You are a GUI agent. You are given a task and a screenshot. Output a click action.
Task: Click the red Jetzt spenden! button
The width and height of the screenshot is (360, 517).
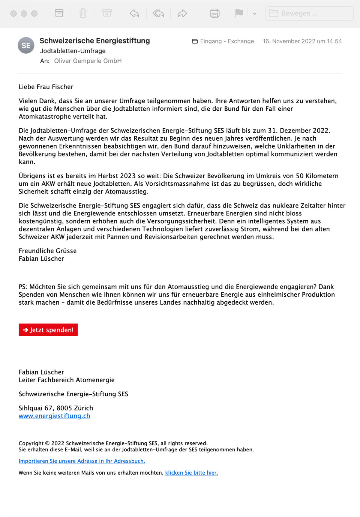pos(48,330)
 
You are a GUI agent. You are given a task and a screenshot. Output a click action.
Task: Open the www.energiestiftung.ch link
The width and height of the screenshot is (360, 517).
pos(54,416)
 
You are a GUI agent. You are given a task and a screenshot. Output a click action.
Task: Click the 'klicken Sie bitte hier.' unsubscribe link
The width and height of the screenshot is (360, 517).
pos(191,473)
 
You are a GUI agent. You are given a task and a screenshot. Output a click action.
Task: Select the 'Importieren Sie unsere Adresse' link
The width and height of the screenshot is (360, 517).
pos(82,461)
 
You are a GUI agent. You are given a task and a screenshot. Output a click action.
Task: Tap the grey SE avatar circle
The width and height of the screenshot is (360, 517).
pos(26,45)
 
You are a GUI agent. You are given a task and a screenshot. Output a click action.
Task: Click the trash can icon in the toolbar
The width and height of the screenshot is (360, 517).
pos(83,14)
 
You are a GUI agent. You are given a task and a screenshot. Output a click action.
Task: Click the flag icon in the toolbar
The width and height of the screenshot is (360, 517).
pos(239,14)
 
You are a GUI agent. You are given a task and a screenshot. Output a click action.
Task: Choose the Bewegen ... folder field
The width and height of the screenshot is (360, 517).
pos(309,14)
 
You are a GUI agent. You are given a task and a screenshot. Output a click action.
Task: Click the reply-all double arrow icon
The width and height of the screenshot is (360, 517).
pos(158,14)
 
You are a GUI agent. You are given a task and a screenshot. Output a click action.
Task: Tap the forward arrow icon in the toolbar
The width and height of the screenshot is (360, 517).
pos(182,14)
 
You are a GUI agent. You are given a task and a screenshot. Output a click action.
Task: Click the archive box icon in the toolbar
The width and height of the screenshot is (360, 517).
pos(59,14)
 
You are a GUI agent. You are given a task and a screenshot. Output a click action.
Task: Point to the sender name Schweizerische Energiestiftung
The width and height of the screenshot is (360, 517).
pos(94,41)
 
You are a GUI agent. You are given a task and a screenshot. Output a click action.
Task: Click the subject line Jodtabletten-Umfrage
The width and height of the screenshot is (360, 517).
pos(73,51)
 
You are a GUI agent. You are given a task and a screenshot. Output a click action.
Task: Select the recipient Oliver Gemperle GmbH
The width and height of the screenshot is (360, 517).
pos(88,61)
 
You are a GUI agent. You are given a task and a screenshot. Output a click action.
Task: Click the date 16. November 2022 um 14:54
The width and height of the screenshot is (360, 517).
pos(302,41)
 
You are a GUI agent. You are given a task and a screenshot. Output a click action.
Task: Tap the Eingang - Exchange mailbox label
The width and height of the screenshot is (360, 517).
pos(223,41)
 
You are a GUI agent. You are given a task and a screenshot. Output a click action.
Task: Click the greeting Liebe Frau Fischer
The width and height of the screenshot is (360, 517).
pos(46,87)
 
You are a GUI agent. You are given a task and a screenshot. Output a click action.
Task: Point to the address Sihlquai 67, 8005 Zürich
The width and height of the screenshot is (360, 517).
pos(56,408)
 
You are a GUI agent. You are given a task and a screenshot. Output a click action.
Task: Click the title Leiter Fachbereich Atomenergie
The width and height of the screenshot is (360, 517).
pos(66,380)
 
